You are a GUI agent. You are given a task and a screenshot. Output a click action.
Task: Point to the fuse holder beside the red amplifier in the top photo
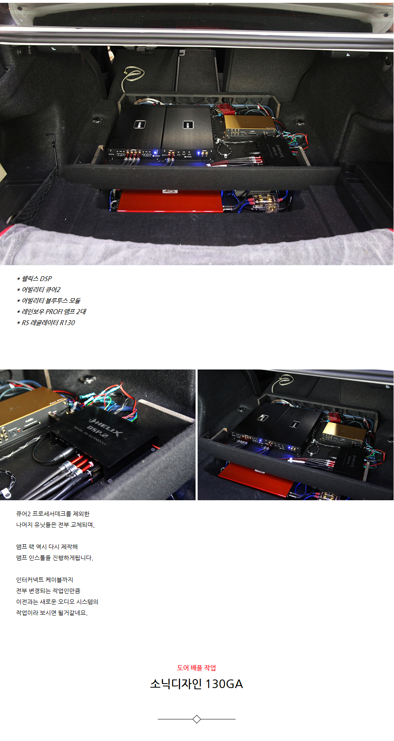(265, 202)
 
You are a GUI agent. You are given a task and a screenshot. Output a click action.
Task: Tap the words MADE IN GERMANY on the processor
(90, 436)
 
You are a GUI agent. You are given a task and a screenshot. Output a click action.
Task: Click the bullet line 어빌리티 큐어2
(39, 290)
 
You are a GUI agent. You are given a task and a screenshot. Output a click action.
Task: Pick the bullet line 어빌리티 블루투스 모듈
(49, 301)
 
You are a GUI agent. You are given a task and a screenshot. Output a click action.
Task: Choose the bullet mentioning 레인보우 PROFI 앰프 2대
(52, 312)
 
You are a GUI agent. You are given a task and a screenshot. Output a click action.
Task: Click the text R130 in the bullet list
(68, 323)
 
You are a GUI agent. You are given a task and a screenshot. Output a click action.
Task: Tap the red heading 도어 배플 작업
(196, 668)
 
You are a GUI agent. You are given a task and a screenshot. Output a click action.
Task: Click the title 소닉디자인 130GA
(196, 684)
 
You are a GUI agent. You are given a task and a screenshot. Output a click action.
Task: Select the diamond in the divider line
(196, 719)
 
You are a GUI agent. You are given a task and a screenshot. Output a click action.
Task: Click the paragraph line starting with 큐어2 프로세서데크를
(53, 514)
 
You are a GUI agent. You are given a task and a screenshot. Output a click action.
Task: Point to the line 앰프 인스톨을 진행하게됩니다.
(55, 558)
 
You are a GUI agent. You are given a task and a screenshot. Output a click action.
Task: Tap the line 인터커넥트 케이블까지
(45, 580)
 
